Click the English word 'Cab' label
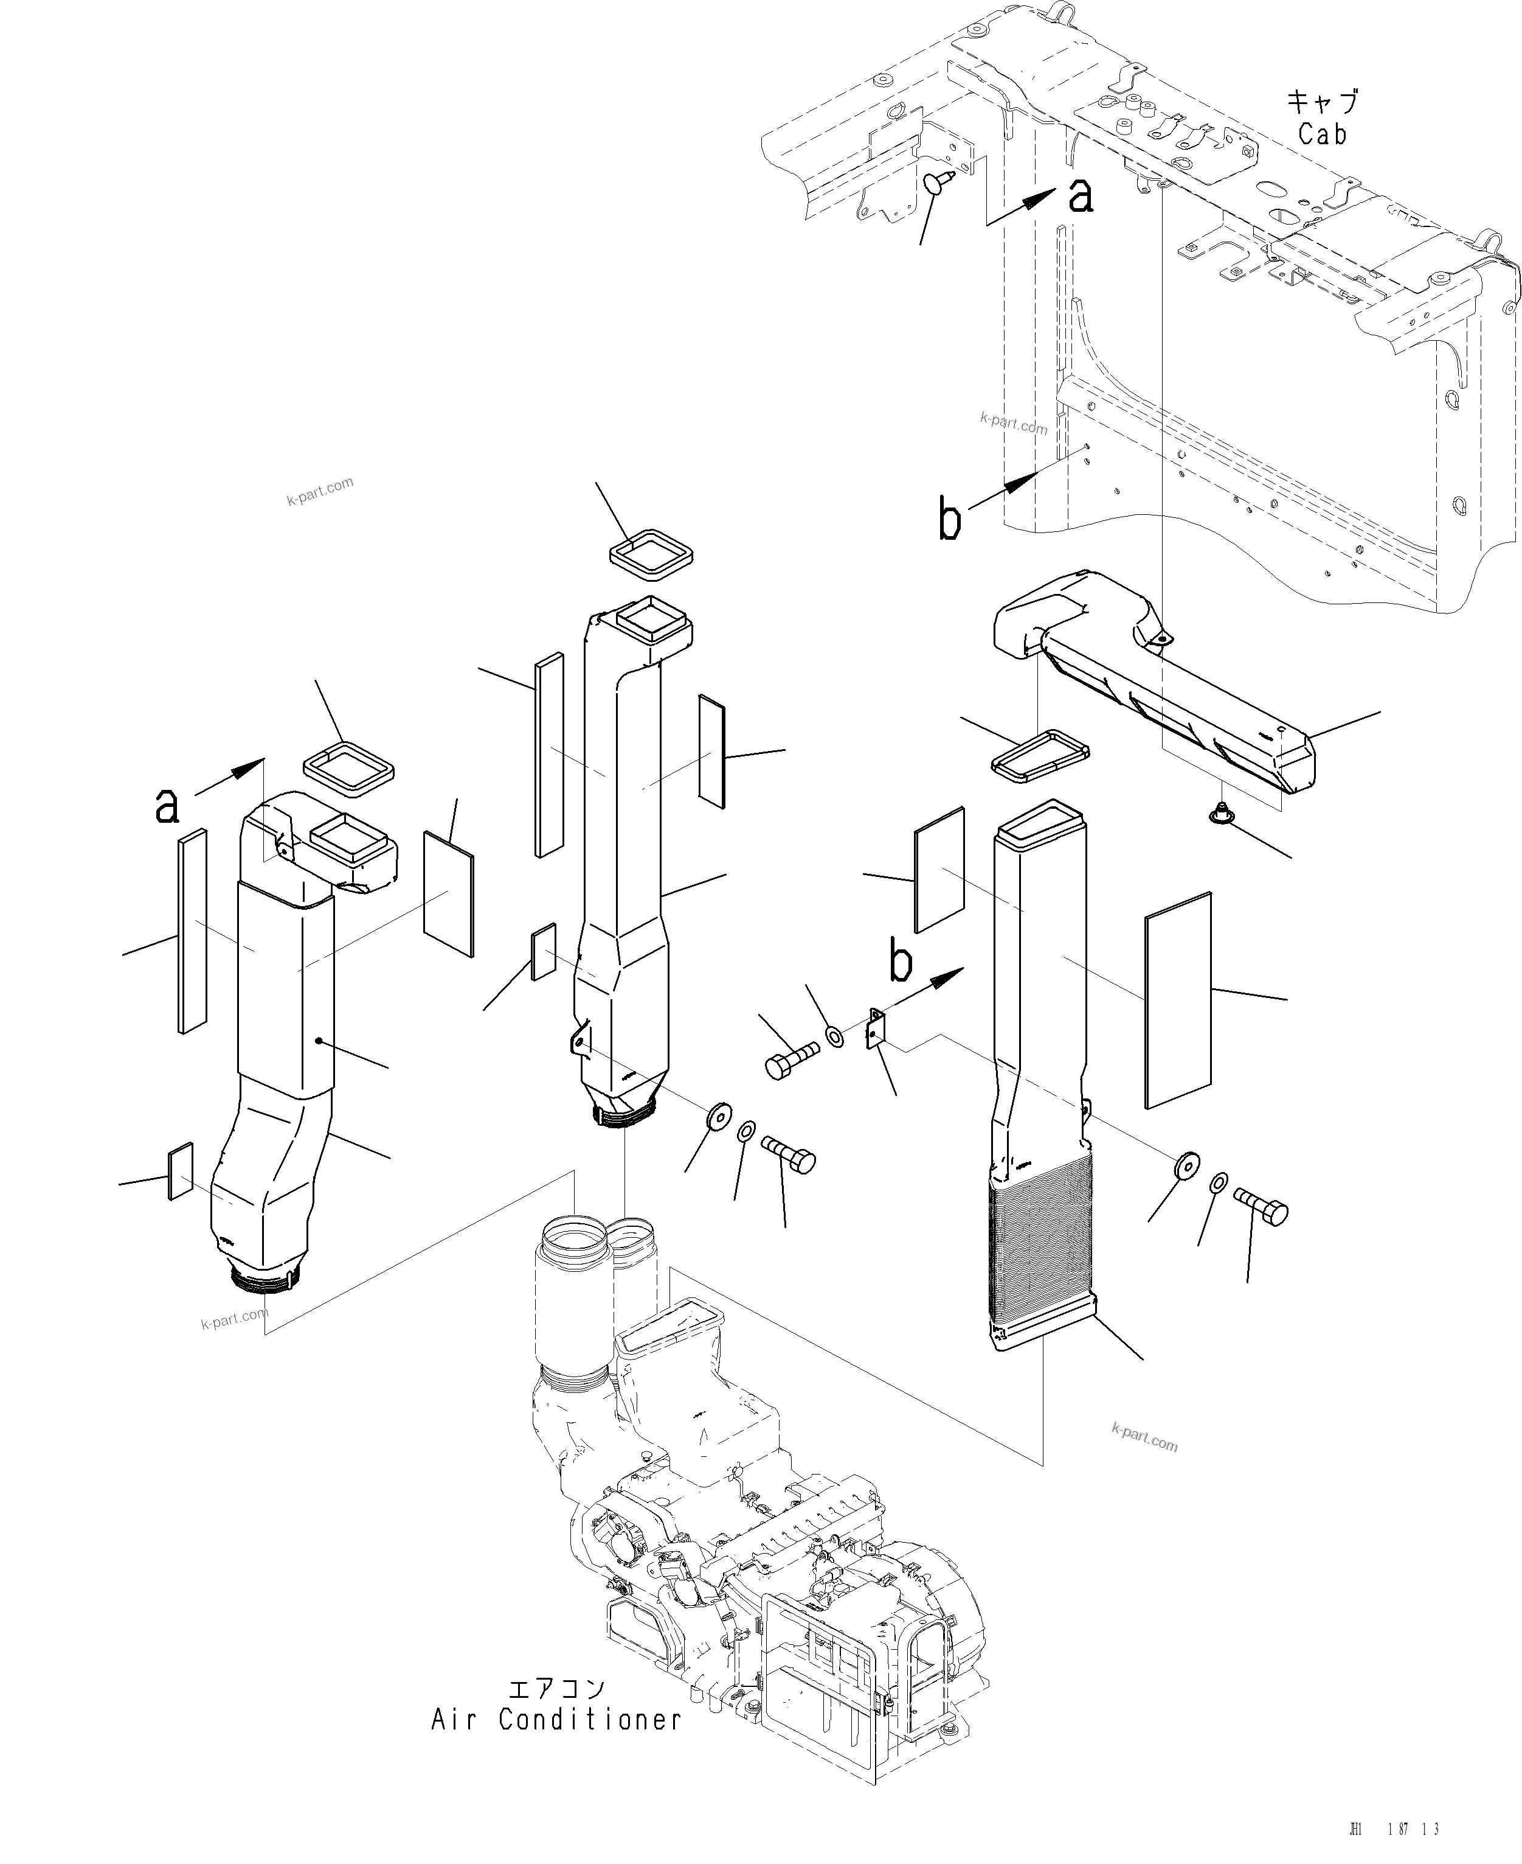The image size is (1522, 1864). [x=1321, y=134]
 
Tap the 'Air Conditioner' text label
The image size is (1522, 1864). [x=555, y=1719]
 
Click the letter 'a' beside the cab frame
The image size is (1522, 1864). [x=1081, y=195]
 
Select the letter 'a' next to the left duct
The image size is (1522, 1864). [x=167, y=805]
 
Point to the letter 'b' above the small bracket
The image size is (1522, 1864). [x=901, y=962]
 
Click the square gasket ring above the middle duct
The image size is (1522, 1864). [x=651, y=555]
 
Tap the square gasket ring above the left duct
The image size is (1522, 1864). [x=348, y=769]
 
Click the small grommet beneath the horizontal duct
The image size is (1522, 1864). [x=1220, y=815]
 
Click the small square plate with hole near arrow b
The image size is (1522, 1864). [x=876, y=1030]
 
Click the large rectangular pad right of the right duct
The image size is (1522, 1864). [x=1177, y=1001]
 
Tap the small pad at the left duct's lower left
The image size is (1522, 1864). [x=181, y=1170]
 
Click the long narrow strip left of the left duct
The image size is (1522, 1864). [x=192, y=930]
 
